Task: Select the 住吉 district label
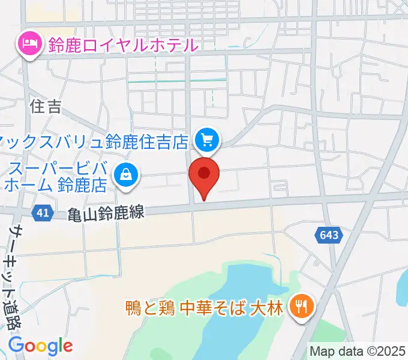[46, 107]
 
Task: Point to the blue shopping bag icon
[126, 176]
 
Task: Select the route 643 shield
[329, 235]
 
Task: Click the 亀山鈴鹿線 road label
[106, 213]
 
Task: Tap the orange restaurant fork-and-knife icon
[299, 308]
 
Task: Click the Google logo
[40, 346]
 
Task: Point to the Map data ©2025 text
[358, 350]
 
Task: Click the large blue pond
[240, 288]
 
